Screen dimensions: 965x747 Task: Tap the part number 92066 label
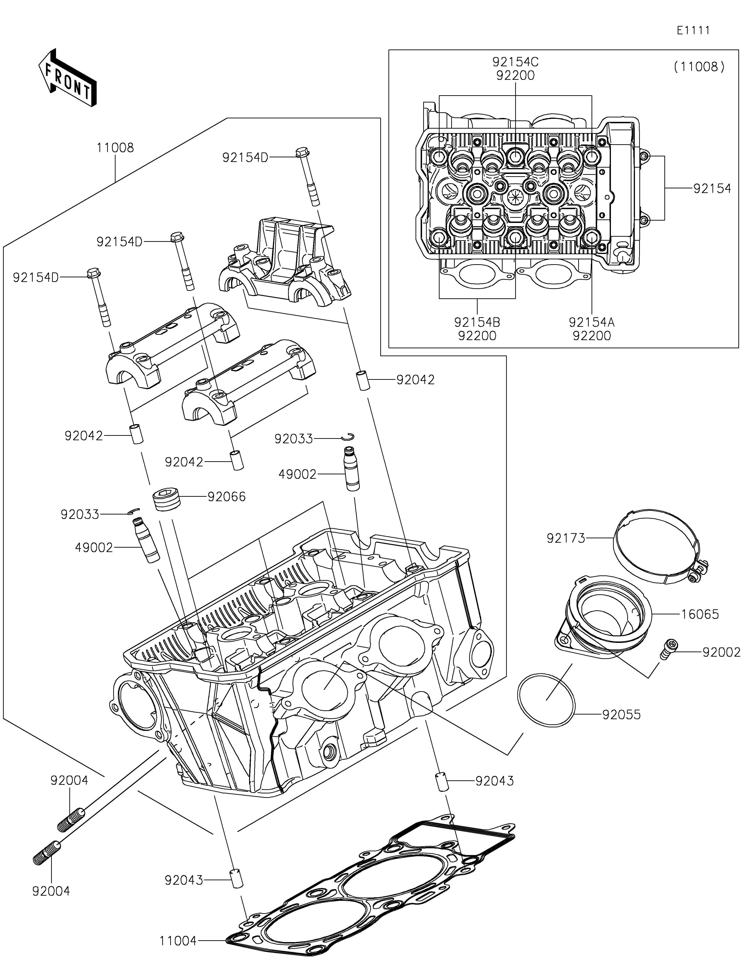pos(227,497)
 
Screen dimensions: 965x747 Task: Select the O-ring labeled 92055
pos(546,699)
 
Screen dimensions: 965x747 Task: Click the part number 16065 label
pos(700,614)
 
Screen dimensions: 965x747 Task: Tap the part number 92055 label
pos(621,715)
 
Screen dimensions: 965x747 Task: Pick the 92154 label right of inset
pos(712,189)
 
